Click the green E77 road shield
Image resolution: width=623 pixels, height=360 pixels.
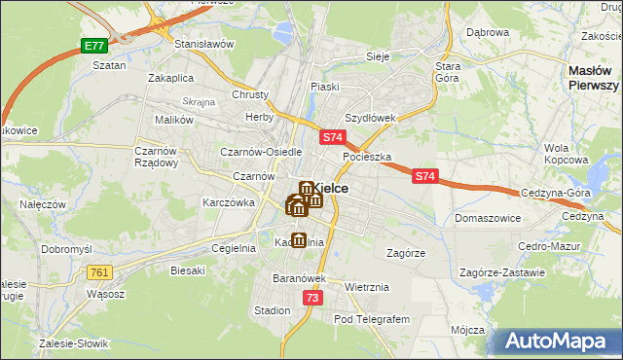pos(93,46)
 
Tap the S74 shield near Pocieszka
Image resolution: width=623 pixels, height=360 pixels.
pos(333,138)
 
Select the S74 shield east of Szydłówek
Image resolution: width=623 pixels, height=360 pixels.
pos(424,176)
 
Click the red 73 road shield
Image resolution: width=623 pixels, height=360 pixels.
pos(311,299)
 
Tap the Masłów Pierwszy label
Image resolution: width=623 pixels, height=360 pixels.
pos(595,78)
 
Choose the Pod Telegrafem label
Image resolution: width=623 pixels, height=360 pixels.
pos(373,318)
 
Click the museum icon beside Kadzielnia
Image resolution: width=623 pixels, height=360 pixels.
pos(298,239)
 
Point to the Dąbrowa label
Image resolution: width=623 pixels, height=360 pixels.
pos(488,32)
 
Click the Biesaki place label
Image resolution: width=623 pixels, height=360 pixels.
pos(189,270)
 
